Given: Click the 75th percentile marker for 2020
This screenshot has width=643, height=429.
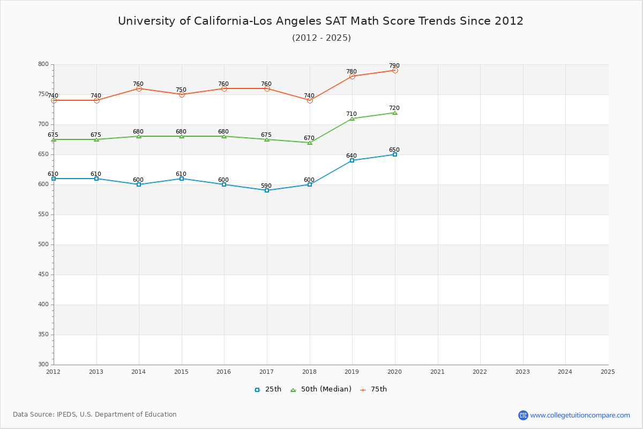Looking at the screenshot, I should pyautogui.click(x=395, y=70).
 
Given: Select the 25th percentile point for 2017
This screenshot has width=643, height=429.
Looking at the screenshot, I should pyautogui.click(x=267, y=190).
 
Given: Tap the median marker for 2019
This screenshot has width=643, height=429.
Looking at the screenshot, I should pyautogui.click(x=352, y=118).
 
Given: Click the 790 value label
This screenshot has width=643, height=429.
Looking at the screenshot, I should pyautogui.click(x=394, y=65).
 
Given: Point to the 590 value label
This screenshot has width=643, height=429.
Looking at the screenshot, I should pyautogui.click(x=266, y=186).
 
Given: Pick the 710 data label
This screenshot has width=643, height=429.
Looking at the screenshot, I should pyautogui.click(x=352, y=114).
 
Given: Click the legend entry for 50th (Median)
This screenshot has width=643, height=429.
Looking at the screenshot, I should pyautogui.click(x=320, y=389).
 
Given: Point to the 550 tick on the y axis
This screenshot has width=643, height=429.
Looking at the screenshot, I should pyautogui.click(x=43, y=214).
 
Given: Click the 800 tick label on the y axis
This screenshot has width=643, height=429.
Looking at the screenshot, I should pyautogui.click(x=43, y=64).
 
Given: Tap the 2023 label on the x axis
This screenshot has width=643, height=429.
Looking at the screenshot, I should pyautogui.click(x=522, y=371).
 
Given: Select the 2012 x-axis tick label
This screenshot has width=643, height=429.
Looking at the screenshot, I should pyautogui.click(x=54, y=371).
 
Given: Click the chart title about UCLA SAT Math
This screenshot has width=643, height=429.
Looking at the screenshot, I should pyautogui.click(x=320, y=21).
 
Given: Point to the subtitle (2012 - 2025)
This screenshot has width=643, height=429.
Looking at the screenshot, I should pyautogui.click(x=321, y=38).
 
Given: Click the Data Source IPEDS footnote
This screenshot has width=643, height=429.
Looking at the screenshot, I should pyautogui.click(x=95, y=415).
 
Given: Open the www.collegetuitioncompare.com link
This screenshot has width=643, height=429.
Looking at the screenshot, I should pyautogui.click(x=580, y=415).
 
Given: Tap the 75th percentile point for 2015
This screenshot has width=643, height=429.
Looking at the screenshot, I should pyautogui.click(x=182, y=94).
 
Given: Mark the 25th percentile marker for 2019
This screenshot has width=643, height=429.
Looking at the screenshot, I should pyautogui.click(x=352, y=160).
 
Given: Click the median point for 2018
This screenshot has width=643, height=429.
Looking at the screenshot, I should pyautogui.click(x=310, y=142).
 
